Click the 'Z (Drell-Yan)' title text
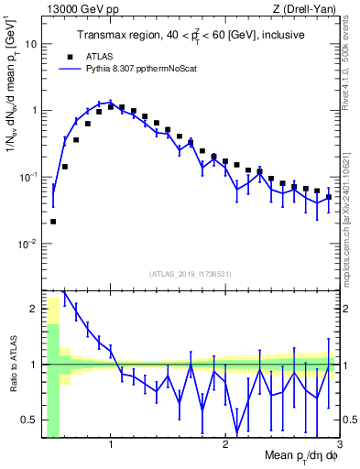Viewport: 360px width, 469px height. [308, 8]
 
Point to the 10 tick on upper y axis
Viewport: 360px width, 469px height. [35, 43]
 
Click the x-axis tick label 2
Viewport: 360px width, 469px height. [224, 446]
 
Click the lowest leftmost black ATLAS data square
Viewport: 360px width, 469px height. [53, 222]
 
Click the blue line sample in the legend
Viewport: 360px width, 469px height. [65, 68]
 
